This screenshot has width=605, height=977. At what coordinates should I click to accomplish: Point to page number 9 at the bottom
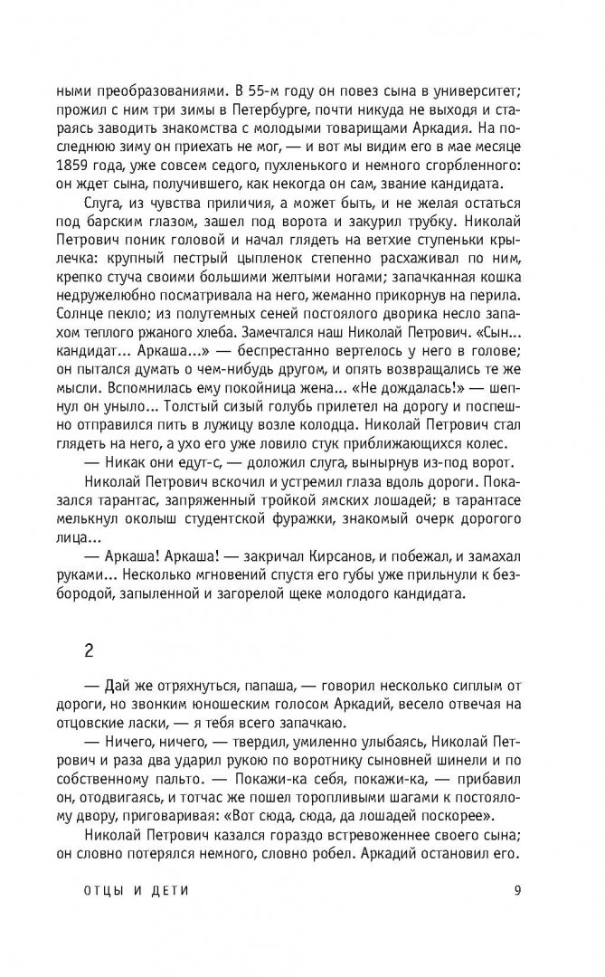coord(514,889)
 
